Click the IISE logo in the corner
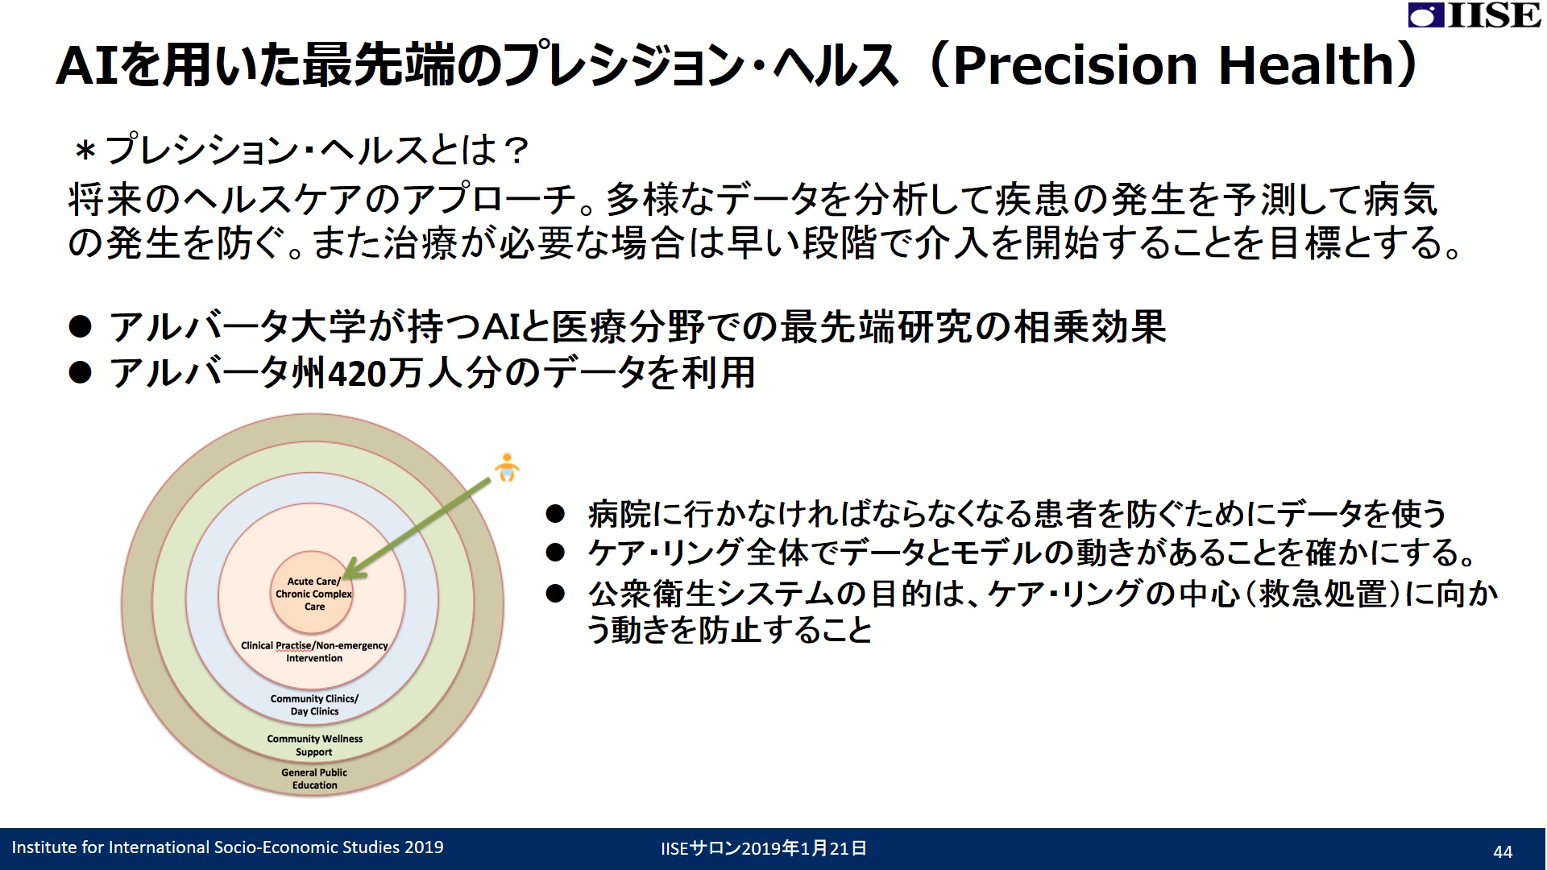[1474, 15]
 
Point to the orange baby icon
[507, 467]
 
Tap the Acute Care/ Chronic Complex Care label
[314, 594]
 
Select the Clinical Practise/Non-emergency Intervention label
[314, 652]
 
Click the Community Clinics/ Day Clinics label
[314, 705]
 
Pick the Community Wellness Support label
[315, 745]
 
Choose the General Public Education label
[314, 779]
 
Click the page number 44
[1503, 851]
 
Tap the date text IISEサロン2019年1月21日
[764, 848]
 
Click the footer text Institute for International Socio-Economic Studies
[205, 847]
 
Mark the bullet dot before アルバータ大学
[81, 326]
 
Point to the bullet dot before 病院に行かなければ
[555, 513]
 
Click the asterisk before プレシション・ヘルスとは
[85, 151]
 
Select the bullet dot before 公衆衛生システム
[555, 594]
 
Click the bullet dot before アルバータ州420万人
[81, 372]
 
